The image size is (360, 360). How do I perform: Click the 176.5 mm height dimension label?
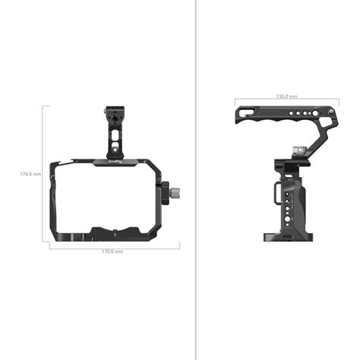click(x=30, y=174)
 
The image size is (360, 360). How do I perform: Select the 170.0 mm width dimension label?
click(x=112, y=251)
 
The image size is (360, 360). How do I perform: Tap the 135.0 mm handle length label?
click(x=286, y=97)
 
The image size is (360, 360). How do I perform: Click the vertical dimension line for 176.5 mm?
click(x=43, y=174)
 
